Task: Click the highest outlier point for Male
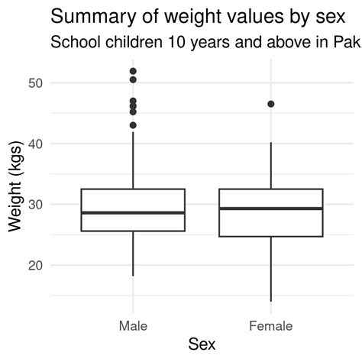133,71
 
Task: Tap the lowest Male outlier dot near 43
133,125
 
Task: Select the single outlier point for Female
270,104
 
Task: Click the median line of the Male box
133,213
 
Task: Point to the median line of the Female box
270,208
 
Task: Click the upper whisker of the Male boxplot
133,160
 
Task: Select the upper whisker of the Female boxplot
270,165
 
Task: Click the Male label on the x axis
133,326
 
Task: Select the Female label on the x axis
270,326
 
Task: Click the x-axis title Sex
202,345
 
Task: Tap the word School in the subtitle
73,42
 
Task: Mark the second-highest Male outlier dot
133,79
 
